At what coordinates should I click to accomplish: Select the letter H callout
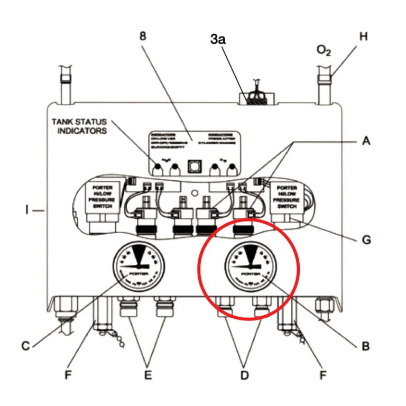click(x=363, y=37)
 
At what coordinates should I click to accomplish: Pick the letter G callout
click(x=365, y=239)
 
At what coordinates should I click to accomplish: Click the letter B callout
click(x=365, y=347)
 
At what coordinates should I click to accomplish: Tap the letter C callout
click(x=25, y=347)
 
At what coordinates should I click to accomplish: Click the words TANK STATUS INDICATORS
click(x=82, y=125)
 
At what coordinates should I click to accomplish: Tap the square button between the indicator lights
click(x=194, y=168)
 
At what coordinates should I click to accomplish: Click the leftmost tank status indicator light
click(x=157, y=169)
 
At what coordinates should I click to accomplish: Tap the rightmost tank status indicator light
click(x=231, y=169)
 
